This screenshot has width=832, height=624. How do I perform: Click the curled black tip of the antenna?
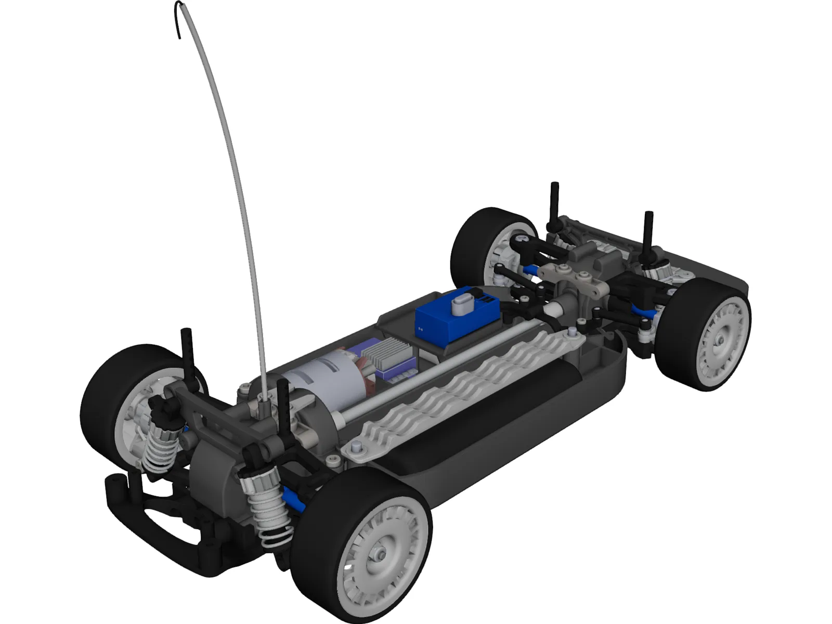coord(178,21)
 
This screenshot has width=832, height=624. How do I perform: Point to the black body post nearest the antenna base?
coord(284,411)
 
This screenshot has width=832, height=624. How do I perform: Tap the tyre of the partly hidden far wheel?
coord(471,234)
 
